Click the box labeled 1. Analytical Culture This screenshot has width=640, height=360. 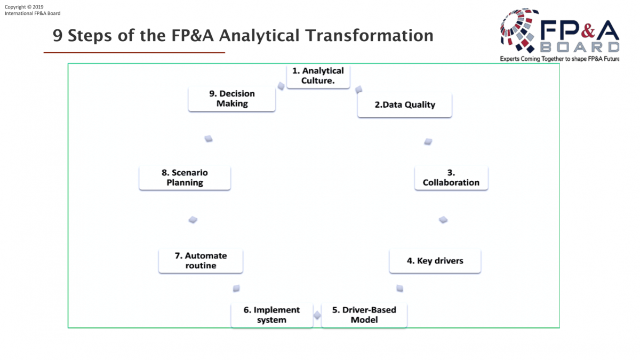point(318,76)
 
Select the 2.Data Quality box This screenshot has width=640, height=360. point(405,105)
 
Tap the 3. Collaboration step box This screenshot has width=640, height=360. point(451,178)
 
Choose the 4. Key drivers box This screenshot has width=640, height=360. point(435,261)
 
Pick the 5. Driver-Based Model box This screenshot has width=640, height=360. point(364,315)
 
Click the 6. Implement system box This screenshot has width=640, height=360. point(271,315)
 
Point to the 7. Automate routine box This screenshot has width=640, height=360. point(201,261)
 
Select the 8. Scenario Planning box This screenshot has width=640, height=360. point(185,178)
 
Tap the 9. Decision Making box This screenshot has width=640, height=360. point(231,99)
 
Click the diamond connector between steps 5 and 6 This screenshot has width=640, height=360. point(317,315)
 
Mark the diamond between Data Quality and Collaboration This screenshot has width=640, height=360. point(428,141)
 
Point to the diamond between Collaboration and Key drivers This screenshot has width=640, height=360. point(443,220)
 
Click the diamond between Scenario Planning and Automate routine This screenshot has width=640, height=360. point(193,220)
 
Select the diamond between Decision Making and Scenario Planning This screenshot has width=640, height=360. point(209,139)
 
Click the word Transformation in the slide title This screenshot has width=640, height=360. point(369,35)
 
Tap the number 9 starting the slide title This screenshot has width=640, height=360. point(58,36)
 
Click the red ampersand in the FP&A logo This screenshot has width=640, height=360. point(588,30)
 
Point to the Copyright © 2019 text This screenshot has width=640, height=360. point(24,7)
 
